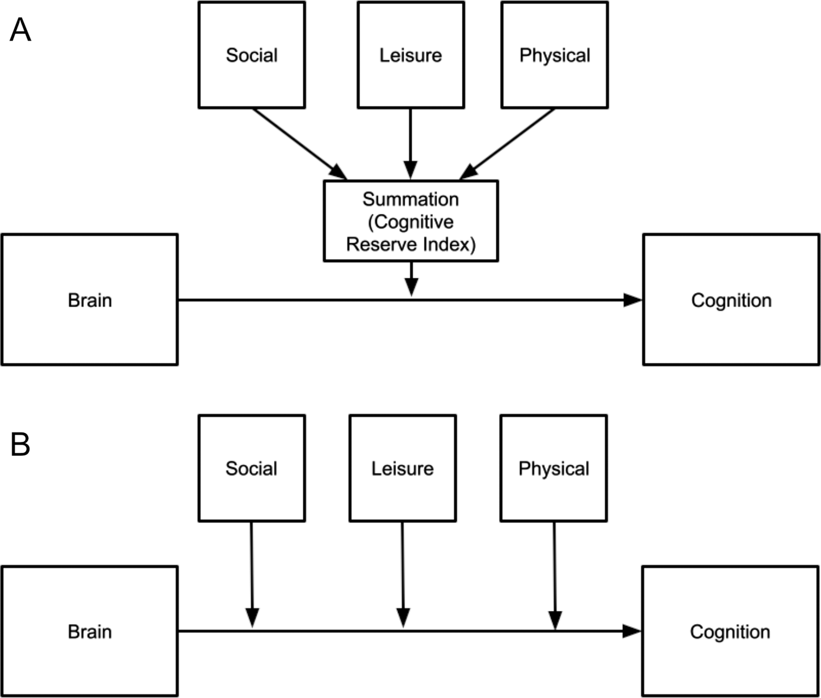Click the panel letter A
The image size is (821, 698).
[20, 30]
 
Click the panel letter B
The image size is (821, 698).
[20, 444]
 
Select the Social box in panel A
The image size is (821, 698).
[252, 55]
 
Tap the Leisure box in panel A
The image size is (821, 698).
[410, 55]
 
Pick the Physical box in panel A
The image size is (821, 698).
[554, 55]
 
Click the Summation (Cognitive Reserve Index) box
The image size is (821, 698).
[410, 221]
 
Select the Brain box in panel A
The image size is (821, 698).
[90, 300]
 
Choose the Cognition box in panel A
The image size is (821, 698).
[731, 300]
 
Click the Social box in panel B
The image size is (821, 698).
[252, 468]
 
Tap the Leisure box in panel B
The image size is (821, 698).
[402, 468]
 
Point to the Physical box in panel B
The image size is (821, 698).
[553, 468]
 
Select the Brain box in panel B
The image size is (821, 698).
[90, 631]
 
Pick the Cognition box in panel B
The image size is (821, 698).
[730, 631]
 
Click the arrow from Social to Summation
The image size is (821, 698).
[299, 144]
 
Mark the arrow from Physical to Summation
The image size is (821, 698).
[508, 144]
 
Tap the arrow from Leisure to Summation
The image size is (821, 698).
[410, 142]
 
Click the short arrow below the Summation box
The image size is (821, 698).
[411, 279]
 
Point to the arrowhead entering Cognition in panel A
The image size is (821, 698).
[632, 300]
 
